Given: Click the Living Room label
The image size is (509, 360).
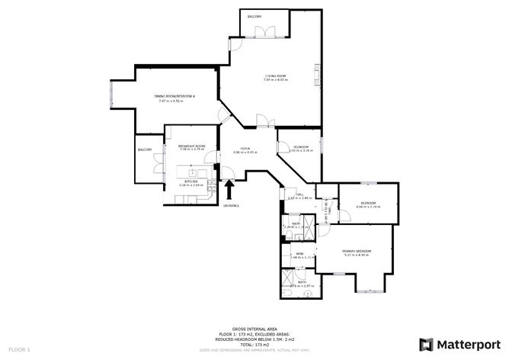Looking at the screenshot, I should (275, 76).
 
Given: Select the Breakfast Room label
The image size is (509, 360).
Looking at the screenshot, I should (191, 146).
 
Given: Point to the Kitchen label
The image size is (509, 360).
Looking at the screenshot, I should (190, 181).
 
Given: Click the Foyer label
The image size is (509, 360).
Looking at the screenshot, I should (245, 148).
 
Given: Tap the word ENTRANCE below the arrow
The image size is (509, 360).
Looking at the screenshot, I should (232, 206).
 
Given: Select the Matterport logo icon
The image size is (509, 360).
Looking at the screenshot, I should (426, 342).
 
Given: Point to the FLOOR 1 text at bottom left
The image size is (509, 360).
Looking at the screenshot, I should (19, 349).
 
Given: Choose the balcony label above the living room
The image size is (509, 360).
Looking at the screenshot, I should (254, 16).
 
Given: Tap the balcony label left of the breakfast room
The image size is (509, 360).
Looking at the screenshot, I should (145, 149).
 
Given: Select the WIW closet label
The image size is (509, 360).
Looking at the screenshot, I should (300, 253).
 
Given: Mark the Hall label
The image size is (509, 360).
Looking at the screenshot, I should (299, 194).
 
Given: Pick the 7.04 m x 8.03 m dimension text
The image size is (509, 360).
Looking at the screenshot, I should (275, 80).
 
